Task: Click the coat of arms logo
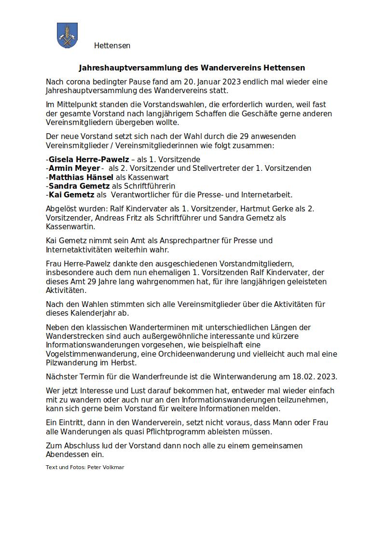68,35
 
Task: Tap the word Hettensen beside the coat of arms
112,46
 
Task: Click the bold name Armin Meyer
74,168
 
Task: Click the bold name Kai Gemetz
71,195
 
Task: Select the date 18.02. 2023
315,376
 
